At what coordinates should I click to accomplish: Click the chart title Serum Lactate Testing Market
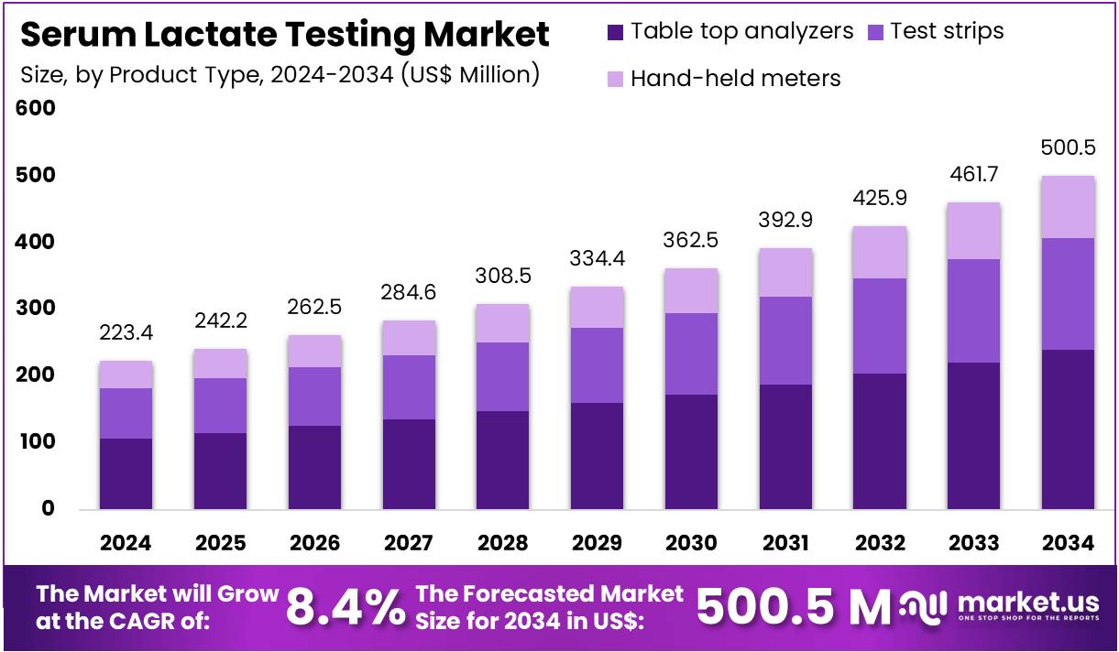(284, 35)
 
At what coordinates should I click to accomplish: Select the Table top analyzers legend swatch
(615, 32)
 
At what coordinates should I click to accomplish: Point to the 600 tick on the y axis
(36, 108)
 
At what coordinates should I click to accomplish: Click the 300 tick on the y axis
(36, 309)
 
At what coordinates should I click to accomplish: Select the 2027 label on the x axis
(409, 543)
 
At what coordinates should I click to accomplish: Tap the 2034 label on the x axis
(1068, 543)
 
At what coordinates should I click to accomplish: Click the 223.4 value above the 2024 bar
(126, 332)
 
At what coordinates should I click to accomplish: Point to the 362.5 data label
(691, 241)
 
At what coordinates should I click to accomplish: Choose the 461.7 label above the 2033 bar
(974, 175)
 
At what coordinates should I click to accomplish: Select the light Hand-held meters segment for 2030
(691, 290)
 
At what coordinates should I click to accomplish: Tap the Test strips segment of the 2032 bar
(880, 325)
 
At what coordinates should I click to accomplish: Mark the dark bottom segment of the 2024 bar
(126, 473)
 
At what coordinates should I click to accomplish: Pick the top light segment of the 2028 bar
(502, 323)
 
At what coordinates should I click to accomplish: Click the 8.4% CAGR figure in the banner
(346, 606)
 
